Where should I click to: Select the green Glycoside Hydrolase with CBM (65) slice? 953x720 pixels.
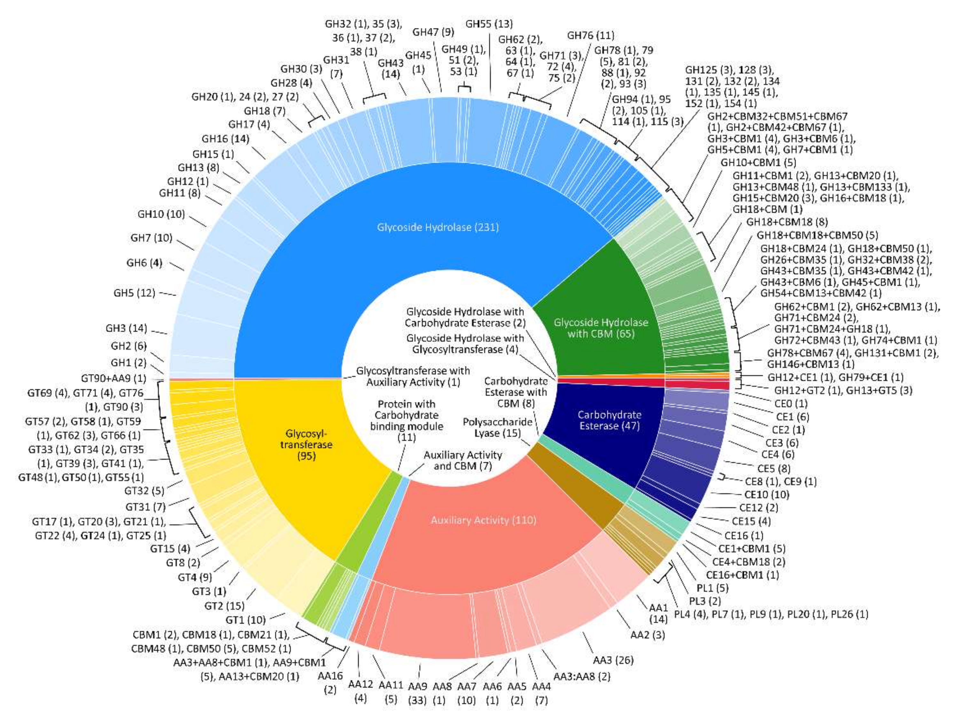(601, 328)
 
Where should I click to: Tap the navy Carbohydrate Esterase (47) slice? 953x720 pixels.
(609, 420)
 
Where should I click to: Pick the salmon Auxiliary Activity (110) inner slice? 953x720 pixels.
(484, 520)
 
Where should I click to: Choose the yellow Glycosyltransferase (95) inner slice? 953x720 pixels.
(306, 444)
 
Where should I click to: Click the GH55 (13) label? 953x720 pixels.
(489, 24)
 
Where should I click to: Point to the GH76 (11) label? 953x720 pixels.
(591, 35)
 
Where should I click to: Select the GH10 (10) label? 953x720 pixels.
(161, 214)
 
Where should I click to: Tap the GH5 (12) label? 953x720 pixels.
(134, 293)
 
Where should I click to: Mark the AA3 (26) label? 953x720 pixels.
(613, 660)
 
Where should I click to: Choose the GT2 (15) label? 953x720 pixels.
(224, 606)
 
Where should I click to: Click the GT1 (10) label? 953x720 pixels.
(246, 620)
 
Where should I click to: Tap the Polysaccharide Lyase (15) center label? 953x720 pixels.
(498, 427)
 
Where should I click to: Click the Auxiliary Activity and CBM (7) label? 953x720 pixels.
(463, 460)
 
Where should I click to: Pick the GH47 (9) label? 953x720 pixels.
(433, 32)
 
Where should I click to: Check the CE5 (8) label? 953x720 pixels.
(774, 468)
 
